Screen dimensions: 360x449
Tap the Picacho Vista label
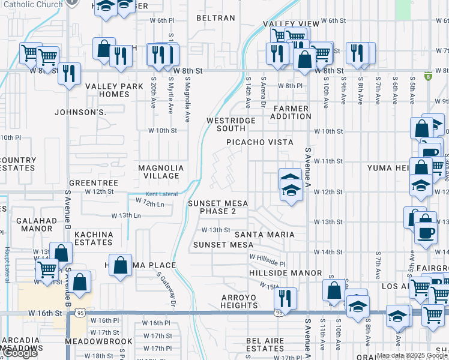tap(259, 142)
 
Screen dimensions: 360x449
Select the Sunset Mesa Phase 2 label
tap(218, 207)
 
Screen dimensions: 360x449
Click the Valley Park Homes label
tap(114, 90)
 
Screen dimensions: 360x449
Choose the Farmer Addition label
tap(291, 112)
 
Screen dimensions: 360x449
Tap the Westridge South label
tap(231, 124)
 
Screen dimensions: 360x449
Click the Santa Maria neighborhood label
tap(264, 234)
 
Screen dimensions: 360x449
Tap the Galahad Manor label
tap(37, 224)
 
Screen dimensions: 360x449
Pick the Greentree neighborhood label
tap(93, 182)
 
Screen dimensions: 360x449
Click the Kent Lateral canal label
tap(160, 194)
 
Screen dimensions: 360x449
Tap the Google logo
tap(20, 353)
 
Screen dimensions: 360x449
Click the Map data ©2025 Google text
tap(412, 355)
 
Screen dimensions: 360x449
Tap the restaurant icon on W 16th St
tap(285, 298)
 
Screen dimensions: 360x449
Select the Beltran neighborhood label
tap(217, 18)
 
